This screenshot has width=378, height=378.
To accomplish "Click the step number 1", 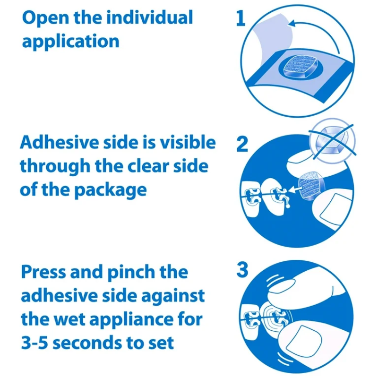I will point(241,18).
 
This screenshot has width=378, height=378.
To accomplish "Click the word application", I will point(70,42).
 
